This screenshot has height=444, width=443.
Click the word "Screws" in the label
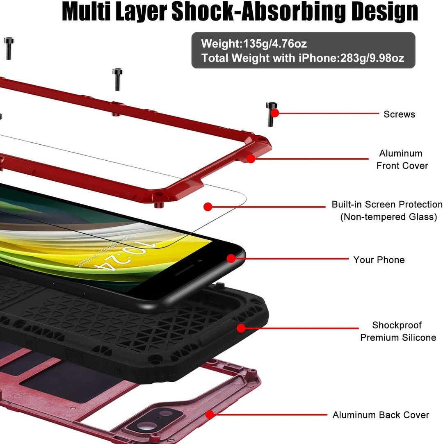click(400, 114)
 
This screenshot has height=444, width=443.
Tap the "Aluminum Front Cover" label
click(402, 159)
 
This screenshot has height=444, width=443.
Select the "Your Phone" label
click(379, 260)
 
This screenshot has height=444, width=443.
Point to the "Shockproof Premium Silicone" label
click(398, 331)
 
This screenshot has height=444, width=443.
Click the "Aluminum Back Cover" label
click(381, 415)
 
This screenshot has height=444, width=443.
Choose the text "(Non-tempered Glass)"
click(388, 217)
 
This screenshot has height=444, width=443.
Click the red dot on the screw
click(274, 113)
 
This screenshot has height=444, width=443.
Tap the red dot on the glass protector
click(208, 207)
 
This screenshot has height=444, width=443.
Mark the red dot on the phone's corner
click(231, 258)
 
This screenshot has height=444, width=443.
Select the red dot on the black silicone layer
click(241, 328)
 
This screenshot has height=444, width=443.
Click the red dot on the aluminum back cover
click(210, 415)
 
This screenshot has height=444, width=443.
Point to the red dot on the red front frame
click(251, 159)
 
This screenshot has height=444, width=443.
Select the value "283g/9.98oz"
click(372, 58)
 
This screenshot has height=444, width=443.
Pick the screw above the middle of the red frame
click(117, 79)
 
